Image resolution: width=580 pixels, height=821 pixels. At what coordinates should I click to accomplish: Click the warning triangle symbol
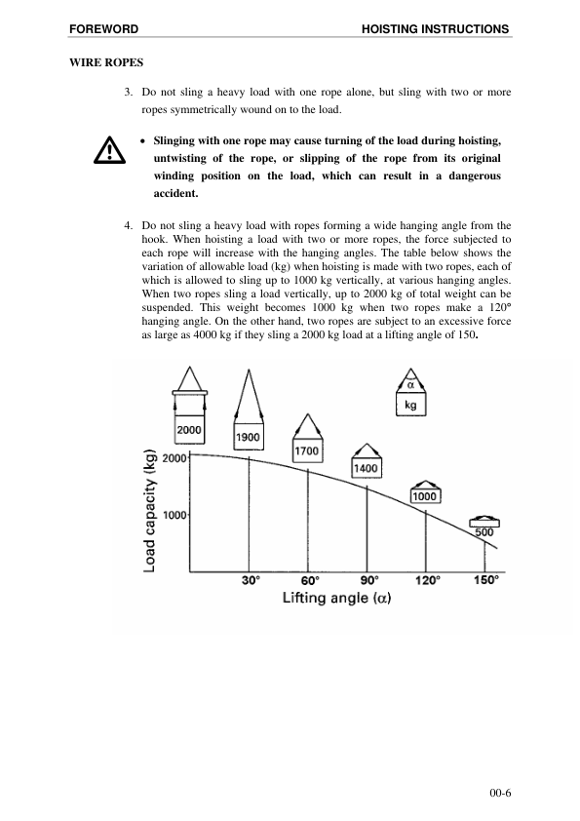coord(102,150)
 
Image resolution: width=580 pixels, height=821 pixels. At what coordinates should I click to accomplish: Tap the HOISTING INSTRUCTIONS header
coord(435,29)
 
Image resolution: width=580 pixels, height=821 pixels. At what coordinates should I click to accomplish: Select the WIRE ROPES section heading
coord(106,62)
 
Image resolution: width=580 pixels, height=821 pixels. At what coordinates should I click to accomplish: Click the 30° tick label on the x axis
coord(251,579)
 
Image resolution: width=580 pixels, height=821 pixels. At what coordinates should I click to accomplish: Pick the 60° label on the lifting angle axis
coord(310,579)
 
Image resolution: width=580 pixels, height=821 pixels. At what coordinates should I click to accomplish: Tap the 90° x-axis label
coord(367,579)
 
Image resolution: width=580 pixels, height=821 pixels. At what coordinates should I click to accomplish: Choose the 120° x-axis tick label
coord(427,579)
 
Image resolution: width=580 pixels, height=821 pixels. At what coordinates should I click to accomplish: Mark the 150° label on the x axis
coord(485,579)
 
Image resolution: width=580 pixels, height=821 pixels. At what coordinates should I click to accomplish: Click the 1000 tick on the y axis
coord(174,515)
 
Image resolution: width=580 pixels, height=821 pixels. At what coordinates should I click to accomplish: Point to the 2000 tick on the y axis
coord(174,457)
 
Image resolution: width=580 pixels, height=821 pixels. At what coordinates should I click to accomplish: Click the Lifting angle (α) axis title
coord(336,597)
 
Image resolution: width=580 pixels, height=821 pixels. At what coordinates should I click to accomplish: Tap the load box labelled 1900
coord(249,438)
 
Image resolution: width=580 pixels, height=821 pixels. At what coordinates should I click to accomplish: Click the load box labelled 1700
coord(308,451)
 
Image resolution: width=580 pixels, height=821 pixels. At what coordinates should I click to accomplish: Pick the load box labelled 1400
coord(366,469)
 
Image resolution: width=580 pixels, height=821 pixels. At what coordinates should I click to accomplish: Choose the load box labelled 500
coord(484,531)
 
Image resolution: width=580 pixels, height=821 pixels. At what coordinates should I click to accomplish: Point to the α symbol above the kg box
coord(410,385)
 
